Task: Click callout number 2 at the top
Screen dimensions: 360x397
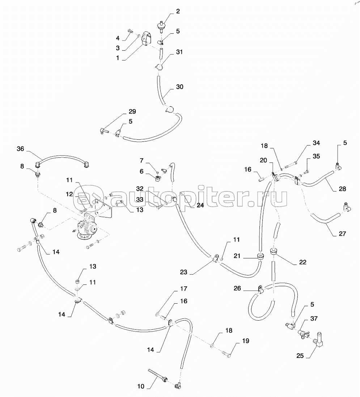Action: (178, 12)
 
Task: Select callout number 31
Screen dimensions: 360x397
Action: (179, 52)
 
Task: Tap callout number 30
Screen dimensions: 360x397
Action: (179, 87)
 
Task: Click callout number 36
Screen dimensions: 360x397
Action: (20, 148)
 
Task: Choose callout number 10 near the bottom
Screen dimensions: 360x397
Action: (141, 387)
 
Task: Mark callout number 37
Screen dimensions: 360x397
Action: (314, 318)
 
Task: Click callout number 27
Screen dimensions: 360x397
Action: (342, 234)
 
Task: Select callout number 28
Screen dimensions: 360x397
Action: (342, 189)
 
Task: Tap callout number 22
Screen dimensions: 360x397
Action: (302, 262)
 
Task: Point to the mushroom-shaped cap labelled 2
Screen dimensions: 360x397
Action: (159, 25)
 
